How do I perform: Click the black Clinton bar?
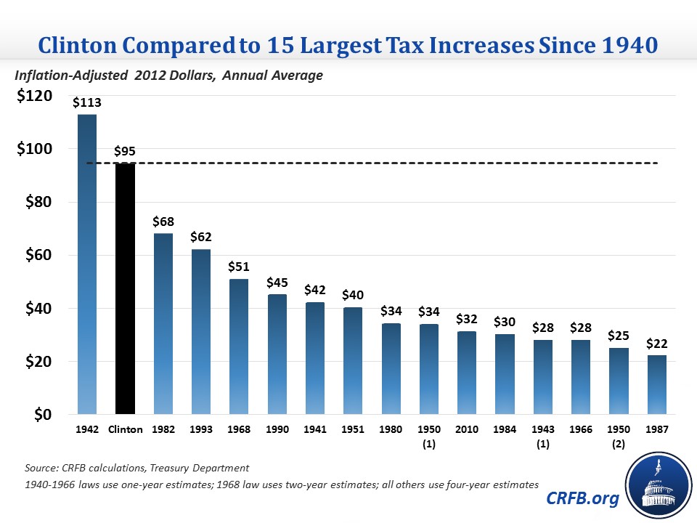point(125,289)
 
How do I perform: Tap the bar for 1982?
point(163,324)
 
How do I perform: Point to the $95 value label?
point(125,151)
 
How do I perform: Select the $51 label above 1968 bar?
point(238,267)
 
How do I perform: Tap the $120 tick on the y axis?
point(34,96)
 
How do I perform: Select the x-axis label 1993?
point(200,430)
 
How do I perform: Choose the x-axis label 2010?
point(465,430)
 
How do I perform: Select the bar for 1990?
point(276,354)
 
